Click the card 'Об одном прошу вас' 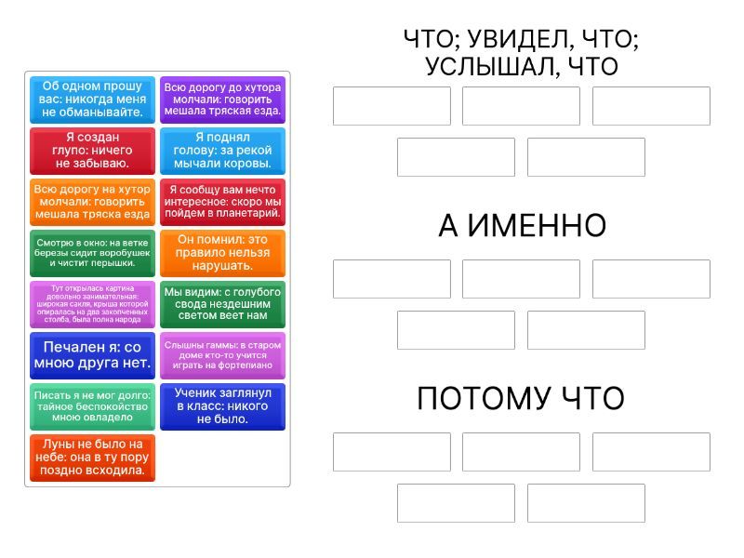[92, 100]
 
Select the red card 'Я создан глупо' [92, 151]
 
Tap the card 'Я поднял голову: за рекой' [222, 151]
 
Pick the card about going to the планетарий [222, 202]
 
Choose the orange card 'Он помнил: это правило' [222, 253]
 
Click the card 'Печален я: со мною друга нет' [92, 355]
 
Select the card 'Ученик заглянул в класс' [222, 406]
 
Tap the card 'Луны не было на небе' [92, 458]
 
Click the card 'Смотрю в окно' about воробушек [92, 253]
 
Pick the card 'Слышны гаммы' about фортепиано [222, 355]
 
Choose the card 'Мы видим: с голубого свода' [222, 304]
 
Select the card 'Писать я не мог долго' [92, 406]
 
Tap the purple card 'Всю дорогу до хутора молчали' [222, 100]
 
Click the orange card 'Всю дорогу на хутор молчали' [92, 202]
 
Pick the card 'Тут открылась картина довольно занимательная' [92, 304]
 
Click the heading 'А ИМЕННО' [522, 226]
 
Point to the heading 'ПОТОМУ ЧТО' [521, 399]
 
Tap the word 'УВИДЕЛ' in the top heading [521, 40]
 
